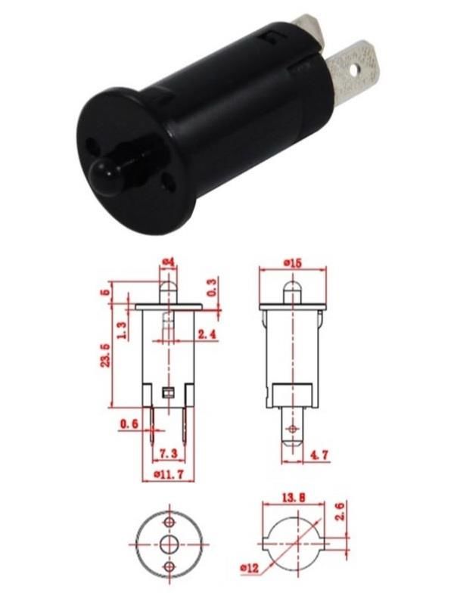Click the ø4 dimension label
[168, 262]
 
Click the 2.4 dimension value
[207, 334]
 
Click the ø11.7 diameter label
[167, 474]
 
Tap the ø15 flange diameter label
[293, 262]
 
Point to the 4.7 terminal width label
[319, 455]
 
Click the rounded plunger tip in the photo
[101, 175]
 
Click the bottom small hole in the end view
[169, 566]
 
